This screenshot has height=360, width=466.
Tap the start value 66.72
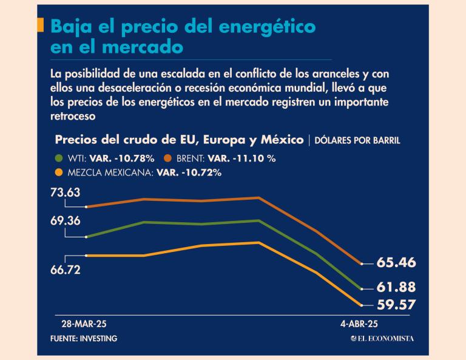pyautogui.click(x=66, y=270)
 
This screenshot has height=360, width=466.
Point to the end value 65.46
pyautogui.click(x=396, y=263)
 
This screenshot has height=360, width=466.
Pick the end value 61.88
pyautogui.click(x=396, y=287)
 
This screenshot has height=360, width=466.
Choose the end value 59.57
pyautogui.click(x=396, y=305)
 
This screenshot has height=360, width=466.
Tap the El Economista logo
pyautogui.click(x=382, y=338)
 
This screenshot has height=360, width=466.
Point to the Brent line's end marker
pyautogui.click(x=362, y=264)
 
